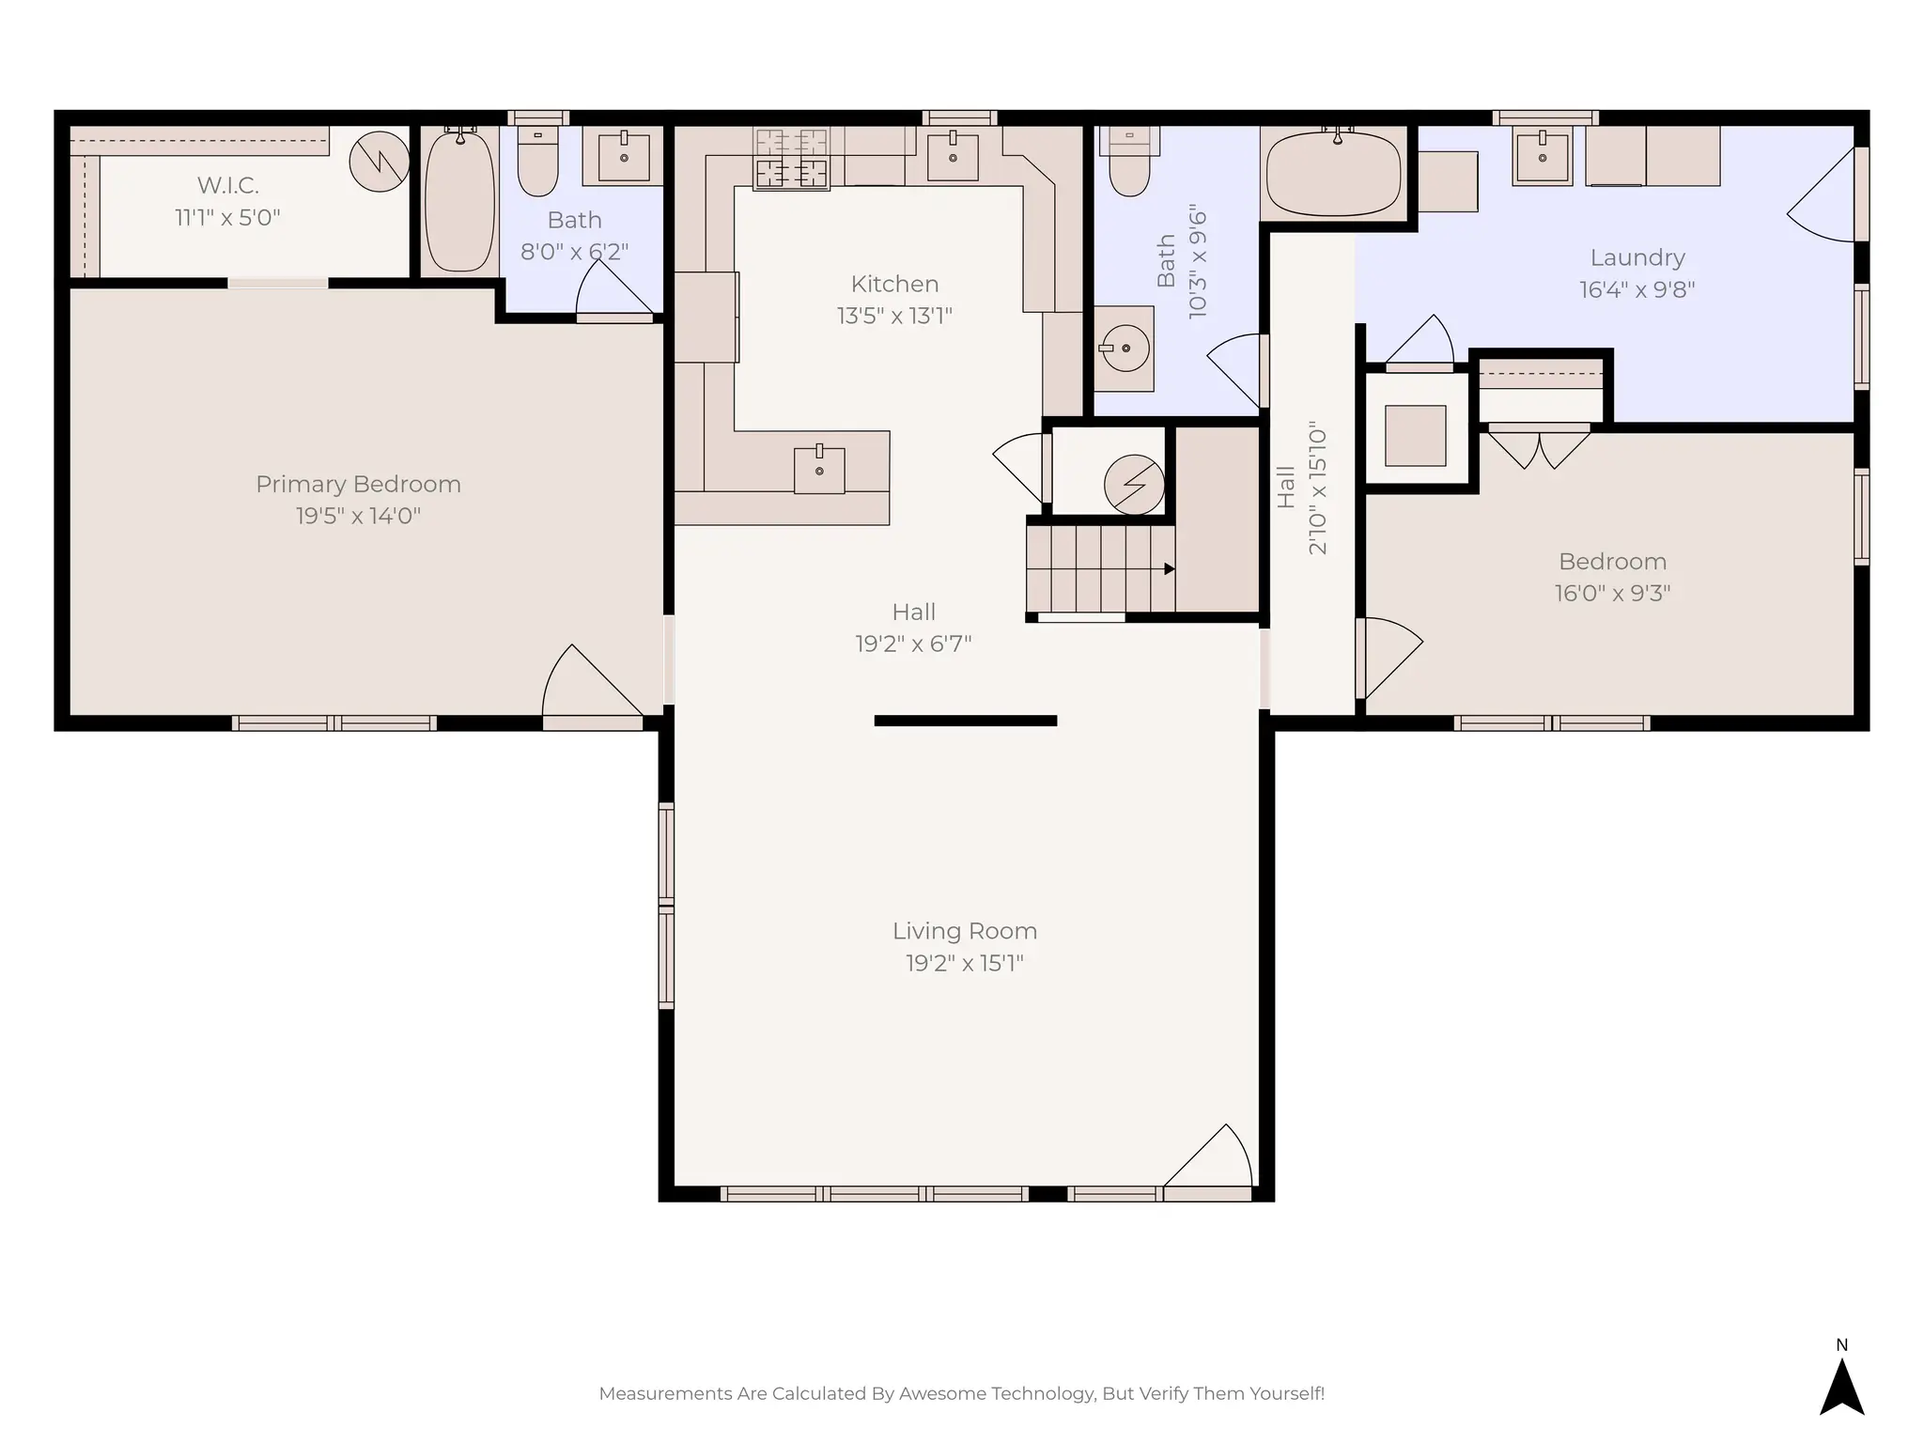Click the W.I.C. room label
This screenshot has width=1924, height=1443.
tap(227, 185)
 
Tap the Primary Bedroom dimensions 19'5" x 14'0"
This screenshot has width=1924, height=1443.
tap(358, 516)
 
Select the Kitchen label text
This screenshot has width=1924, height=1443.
tap(894, 284)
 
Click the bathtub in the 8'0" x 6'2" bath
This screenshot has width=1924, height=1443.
tap(459, 202)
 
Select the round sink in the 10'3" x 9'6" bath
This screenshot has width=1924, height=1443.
tap(1125, 349)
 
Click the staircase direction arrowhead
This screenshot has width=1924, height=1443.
tap(1170, 569)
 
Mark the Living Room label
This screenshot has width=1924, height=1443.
tap(965, 931)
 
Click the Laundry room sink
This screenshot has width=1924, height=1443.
tap(1542, 158)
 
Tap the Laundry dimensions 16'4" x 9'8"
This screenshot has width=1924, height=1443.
tap(1637, 289)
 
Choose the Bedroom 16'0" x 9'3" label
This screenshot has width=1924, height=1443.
tap(1612, 562)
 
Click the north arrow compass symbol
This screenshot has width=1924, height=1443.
tap(1841, 1387)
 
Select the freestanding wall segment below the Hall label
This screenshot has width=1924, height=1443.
tap(965, 721)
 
